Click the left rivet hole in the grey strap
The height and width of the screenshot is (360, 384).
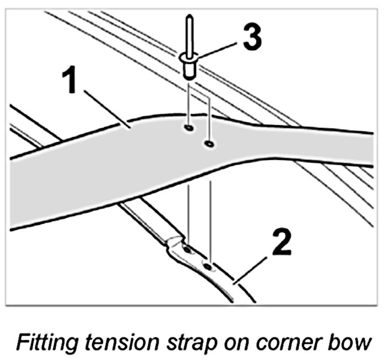pyautogui.click(x=188, y=128)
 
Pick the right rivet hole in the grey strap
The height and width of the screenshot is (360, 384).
pyautogui.click(x=209, y=144)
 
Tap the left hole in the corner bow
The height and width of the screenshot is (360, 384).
pyautogui.click(x=187, y=250)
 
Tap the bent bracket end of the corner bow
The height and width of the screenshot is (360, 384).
pyautogui.click(x=175, y=246)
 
